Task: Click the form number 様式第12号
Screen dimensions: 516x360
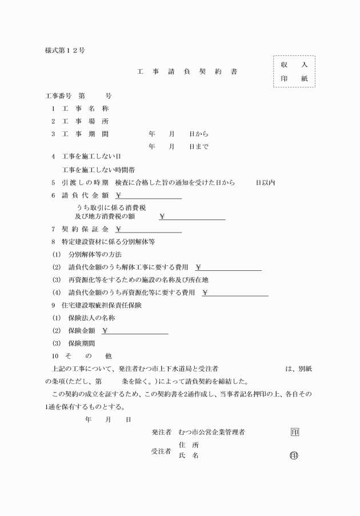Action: [x=65, y=50]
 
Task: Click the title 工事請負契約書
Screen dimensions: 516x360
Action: [x=186, y=72]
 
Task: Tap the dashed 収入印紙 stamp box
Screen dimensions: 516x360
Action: [x=294, y=71]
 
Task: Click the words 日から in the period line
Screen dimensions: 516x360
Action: [x=199, y=134]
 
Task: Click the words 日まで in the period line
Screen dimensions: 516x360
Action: [x=199, y=146]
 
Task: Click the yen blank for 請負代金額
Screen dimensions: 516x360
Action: [x=149, y=195]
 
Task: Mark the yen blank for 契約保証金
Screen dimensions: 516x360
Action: [x=149, y=230]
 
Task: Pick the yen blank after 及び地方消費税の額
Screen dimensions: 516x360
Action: [x=193, y=217]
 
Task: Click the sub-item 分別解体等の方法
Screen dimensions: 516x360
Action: [x=95, y=254]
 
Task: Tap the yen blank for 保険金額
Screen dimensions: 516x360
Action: [x=135, y=331]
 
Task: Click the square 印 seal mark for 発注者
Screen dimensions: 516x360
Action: [x=294, y=433]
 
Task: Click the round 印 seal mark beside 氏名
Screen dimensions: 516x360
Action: [x=294, y=455]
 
